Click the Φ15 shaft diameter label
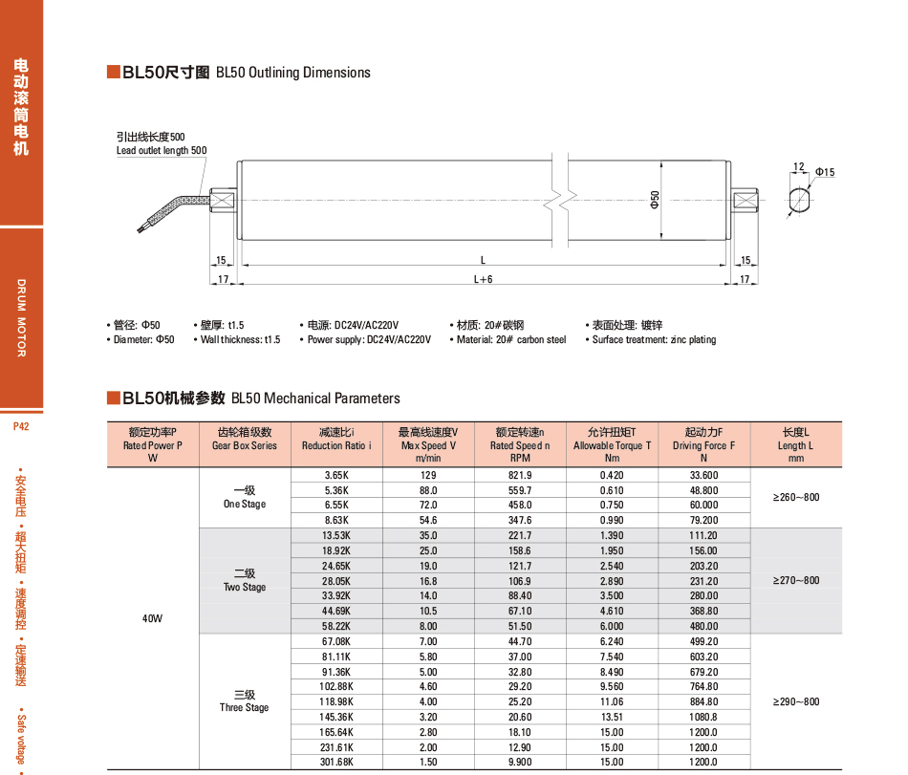(825, 172)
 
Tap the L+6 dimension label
(483, 279)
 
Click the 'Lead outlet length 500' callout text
(162, 150)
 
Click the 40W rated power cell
(153, 618)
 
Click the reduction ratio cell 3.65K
(338, 475)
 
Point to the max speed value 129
(428, 475)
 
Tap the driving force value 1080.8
(703, 717)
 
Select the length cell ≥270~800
(796, 580)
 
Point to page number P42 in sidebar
(21, 427)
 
